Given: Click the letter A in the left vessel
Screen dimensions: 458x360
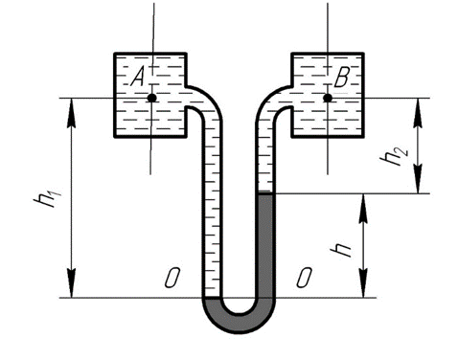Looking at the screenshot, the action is [138, 78].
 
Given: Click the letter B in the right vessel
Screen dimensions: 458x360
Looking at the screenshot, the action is [342, 78].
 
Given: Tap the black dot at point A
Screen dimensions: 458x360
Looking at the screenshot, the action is [152, 98].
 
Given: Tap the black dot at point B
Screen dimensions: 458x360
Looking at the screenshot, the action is [328, 98].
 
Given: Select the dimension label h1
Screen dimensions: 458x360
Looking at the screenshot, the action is [47, 198].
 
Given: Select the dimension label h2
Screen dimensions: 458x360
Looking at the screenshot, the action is [394, 156].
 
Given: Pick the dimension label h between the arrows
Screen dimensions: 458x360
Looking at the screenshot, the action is [342, 251].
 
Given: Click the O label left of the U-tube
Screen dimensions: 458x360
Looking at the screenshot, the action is [172, 278].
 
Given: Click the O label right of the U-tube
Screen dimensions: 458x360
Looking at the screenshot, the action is [304, 278].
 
